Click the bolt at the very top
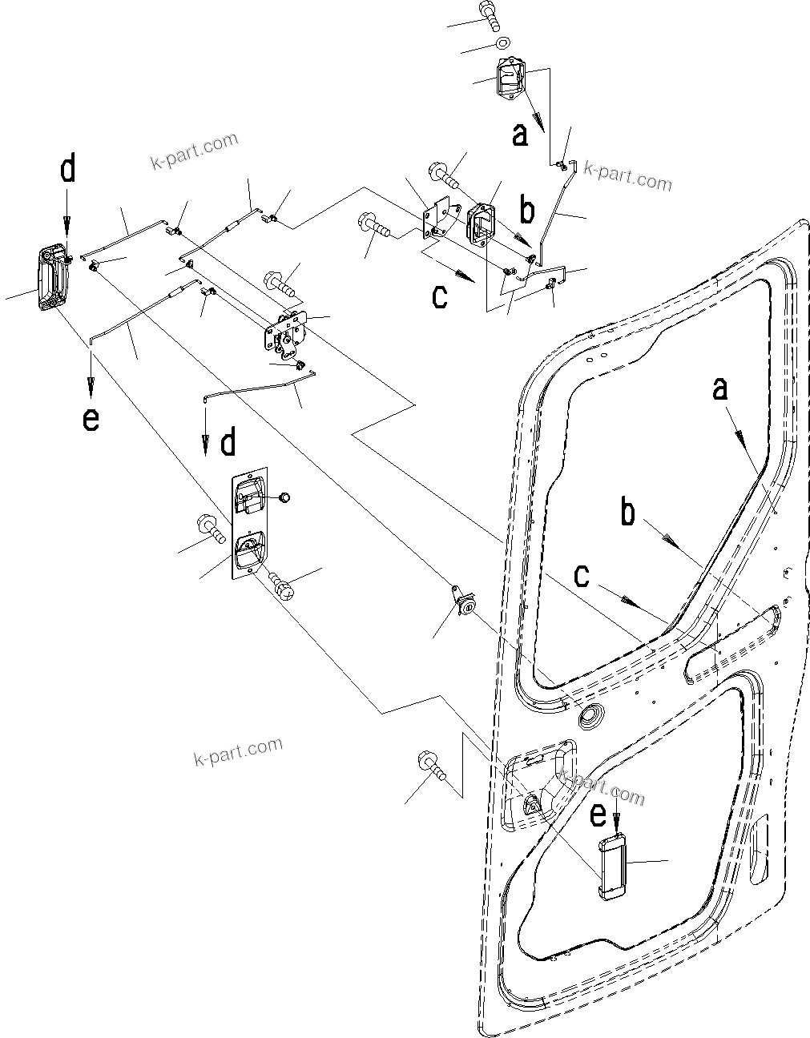tap(490, 15)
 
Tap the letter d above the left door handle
tap(68, 170)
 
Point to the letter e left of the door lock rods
tap(91, 419)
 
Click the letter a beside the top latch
tap(520, 135)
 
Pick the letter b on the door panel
tap(628, 513)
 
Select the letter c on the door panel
tap(583, 576)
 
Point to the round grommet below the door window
tap(593, 716)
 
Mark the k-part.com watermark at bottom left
tap(238, 750)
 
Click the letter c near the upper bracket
tap(440, 296)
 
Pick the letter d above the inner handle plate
tap(228, 442)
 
